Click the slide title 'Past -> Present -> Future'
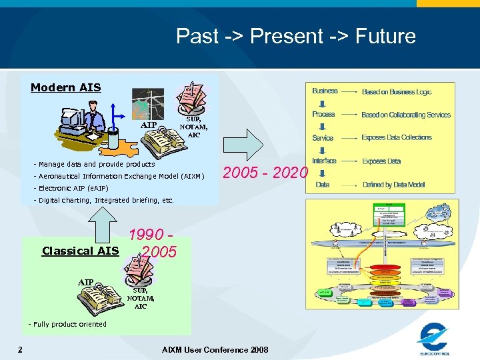point(295,36)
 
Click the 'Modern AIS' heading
point(65,87)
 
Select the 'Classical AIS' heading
point(80,251)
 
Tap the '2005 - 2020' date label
point(265,173)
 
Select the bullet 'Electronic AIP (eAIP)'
point(73,188)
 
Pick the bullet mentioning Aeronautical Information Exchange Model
point(121,176)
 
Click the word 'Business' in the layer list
point(325,91)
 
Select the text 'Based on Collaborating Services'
point(406,115)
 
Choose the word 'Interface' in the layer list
point(324,161)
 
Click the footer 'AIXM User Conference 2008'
point(215,349)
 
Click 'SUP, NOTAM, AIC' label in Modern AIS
point(193,127)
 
